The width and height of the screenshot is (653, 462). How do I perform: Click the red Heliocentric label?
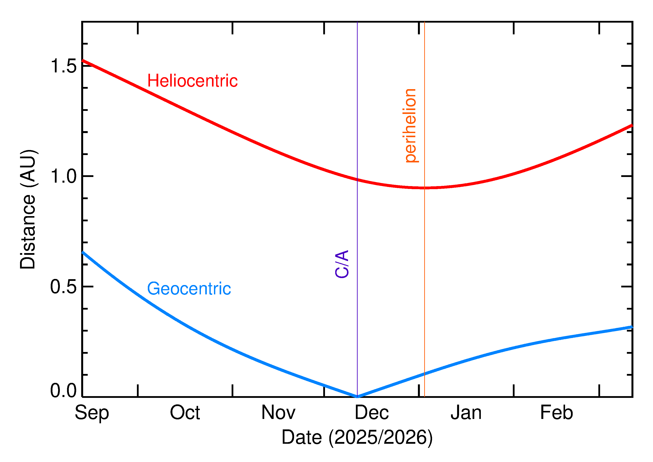192,81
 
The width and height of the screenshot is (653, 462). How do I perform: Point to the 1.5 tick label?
63,66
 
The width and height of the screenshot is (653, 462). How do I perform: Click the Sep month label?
92,413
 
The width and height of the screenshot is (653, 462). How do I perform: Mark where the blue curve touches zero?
357,397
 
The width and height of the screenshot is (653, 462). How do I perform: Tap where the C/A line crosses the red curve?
357,180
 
